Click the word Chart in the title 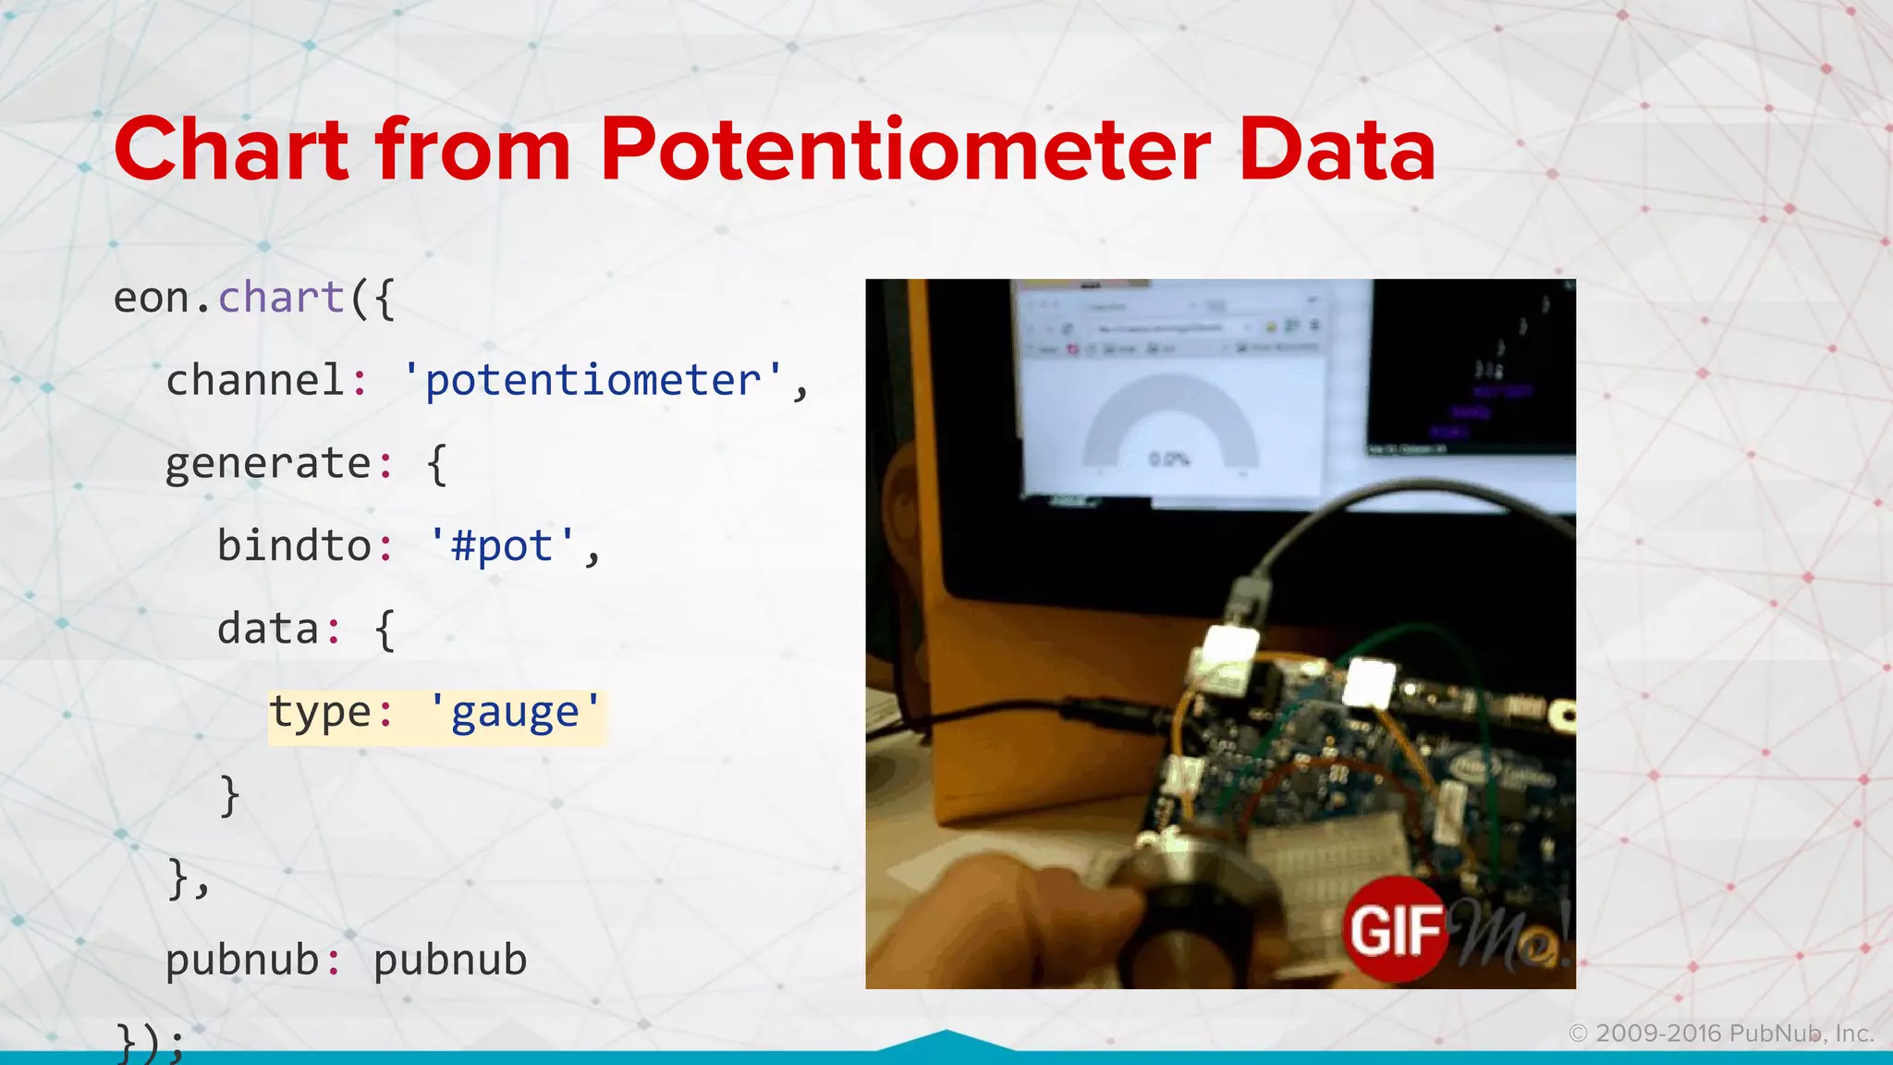click(231, 150)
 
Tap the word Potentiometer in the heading click(906, 150)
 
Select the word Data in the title click(1337, 150)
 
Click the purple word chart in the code click(281, 298)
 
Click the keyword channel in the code click(255, 381)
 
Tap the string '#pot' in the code click(502, 546)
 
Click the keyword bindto click(294, 546)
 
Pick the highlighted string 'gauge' click(515, 713)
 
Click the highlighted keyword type click(320, 713)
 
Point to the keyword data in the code click(268, 630)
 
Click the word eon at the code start click(152, 298)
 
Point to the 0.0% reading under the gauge click(1168, 459)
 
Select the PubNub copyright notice click(1721, 1034)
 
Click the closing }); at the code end click(150, 1043)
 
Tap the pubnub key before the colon click(242, 961)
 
